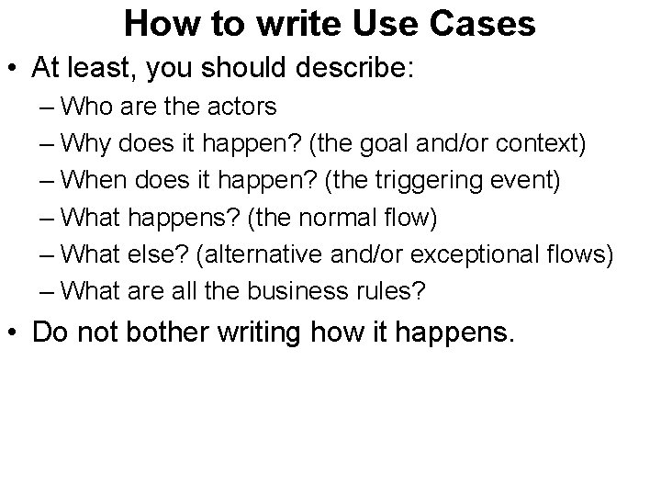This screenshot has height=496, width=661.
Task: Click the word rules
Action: coord(392,293)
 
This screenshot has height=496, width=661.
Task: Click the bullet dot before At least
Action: coord(17,67)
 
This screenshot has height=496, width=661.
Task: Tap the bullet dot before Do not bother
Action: coord(17,333)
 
